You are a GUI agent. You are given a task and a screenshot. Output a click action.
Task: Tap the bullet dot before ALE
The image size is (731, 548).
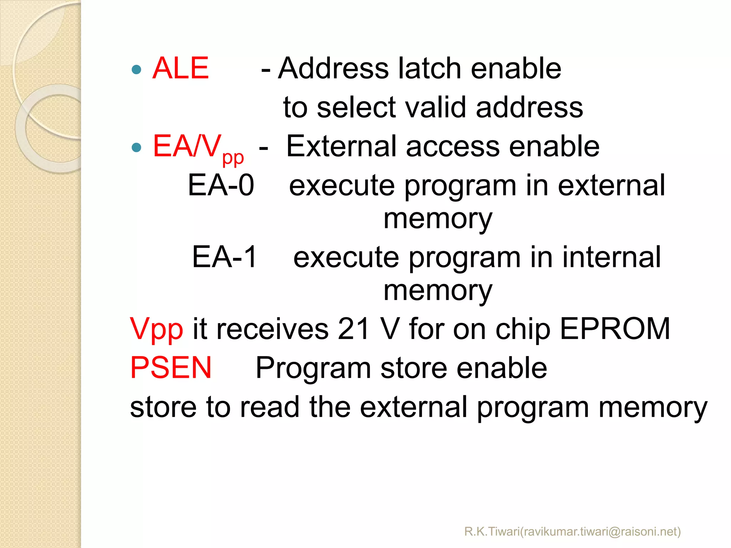[136, 69]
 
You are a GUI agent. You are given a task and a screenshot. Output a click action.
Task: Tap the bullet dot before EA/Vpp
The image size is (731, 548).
[136, 147]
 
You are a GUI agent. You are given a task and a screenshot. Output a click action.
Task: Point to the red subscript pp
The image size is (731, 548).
[233, 158]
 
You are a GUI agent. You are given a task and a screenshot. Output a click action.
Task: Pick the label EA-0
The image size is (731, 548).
[221, 185]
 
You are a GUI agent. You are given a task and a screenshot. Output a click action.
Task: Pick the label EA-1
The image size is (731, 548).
[224, 257]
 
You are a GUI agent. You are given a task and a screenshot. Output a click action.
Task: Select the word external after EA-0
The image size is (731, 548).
[611, 185]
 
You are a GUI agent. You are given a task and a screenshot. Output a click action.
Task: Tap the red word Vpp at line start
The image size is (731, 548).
[156, 329]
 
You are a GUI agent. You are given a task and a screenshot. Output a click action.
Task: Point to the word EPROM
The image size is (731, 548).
[615, 329]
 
